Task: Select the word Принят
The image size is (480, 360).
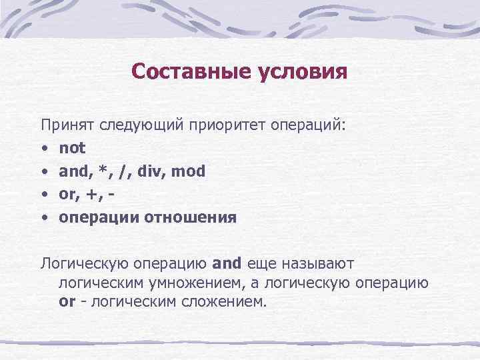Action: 67,125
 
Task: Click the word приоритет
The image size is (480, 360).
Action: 226,125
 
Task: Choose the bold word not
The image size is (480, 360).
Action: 72,148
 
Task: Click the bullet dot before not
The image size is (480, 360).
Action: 43,149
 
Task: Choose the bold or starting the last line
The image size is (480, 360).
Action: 66,301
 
